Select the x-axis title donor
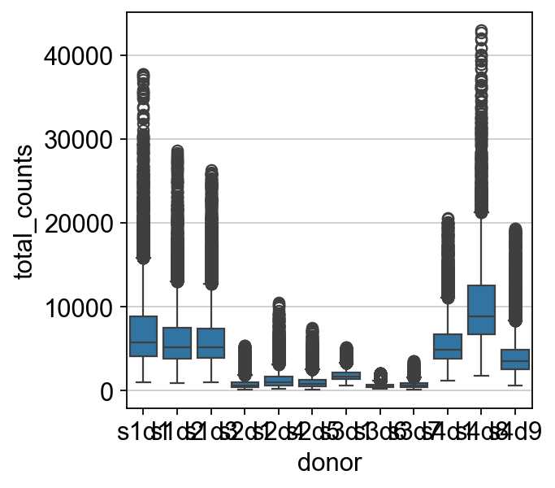point(329,464)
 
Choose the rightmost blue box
point(515,359)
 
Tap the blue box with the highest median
point(481,309)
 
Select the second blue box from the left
point(177,342)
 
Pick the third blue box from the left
point(211,343)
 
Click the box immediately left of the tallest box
point(448,346)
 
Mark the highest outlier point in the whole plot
point(481,30)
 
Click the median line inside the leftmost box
point(143,342)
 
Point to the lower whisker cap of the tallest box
point(481,376)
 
